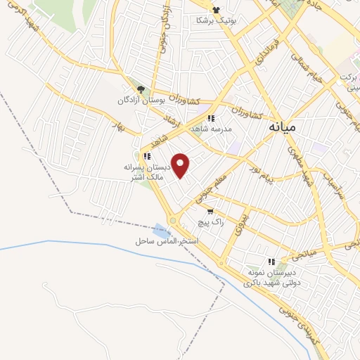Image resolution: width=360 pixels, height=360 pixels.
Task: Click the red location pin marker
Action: pyautogui.click(x=181, y=166)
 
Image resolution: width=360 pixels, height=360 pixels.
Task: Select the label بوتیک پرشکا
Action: pyautogui.click(x=217, y=21)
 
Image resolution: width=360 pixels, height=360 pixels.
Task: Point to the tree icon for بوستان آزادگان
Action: pyautogui.click(x=141, y=89)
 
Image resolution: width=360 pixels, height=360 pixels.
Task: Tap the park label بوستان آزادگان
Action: pyautogui.click(x=144, y=101)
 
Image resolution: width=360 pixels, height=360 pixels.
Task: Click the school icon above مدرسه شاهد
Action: pyautogui.click(x=211, y=118)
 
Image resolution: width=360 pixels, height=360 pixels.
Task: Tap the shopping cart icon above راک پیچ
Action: pyautogui.click(x=210, y=211)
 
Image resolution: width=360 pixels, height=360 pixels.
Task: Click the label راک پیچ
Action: pyautogui.click(x=212, y=221)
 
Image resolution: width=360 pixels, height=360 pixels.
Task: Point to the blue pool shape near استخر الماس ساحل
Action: pyautogui.click(x=162, y=230)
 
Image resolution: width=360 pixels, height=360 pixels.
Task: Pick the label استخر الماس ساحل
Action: pyautogui.click(x=167, y=241)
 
